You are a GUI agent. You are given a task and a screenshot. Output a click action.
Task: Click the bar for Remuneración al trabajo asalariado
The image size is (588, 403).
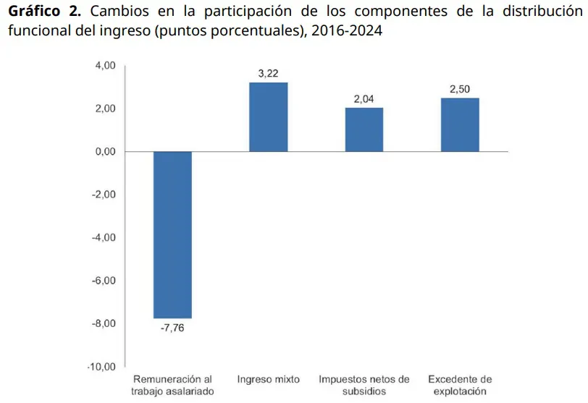(x=172, y=234)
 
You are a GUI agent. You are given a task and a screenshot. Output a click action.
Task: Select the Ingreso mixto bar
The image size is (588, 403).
(x=268, y=116)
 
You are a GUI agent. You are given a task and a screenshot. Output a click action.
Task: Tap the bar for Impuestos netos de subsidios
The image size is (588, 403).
(x=364, y=130)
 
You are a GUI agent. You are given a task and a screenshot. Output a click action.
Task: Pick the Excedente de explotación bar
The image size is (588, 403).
(x=460, y=124)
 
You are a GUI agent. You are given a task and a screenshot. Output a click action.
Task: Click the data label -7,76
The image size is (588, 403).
(x=172, y=328)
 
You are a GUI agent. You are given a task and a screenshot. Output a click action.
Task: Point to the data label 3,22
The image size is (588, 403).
(x=268, y=74)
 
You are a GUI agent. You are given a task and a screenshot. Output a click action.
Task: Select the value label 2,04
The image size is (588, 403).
(x=364, y=99)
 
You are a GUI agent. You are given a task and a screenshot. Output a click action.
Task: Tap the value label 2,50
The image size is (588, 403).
(x=460, y=89)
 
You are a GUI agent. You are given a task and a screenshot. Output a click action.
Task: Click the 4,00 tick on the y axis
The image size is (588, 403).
(x=106, y=66)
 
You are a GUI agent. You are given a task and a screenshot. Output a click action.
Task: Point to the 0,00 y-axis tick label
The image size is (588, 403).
(x=106, y=152)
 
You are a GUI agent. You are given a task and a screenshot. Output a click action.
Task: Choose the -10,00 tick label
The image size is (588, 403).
(x=101, y=367)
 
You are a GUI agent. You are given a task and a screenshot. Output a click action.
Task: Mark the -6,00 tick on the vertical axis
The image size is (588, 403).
(x=104, y=281)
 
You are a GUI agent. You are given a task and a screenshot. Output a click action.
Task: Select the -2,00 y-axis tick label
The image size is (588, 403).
(x=104, y=195)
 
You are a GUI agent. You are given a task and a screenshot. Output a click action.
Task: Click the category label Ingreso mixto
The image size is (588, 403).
(x=268, y=379)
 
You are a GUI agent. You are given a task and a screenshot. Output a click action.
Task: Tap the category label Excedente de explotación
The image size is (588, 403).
(x=460, y=385)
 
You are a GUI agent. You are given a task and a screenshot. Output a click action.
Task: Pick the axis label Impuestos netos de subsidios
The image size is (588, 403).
(x=364, y=385)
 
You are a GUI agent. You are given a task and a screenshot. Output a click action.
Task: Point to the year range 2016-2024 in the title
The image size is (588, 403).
(x=348, y=32)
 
